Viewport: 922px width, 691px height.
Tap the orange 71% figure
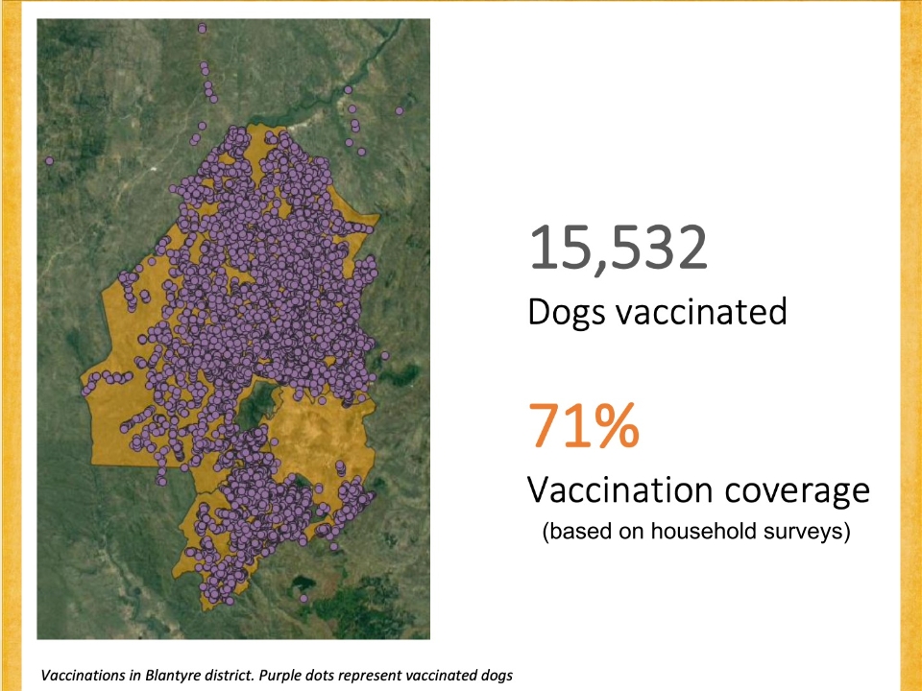[x=584, y=424]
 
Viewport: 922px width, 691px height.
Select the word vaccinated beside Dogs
[x=701, y=311]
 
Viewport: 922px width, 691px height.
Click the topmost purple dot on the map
[x=203, y=28]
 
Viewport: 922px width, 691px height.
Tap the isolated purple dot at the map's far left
[x=49, y=160]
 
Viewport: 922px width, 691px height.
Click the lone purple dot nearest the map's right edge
[x=400, y=110]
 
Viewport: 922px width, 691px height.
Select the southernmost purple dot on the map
[x=303, y=598]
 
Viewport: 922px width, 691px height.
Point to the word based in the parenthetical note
[x=573, y=531]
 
